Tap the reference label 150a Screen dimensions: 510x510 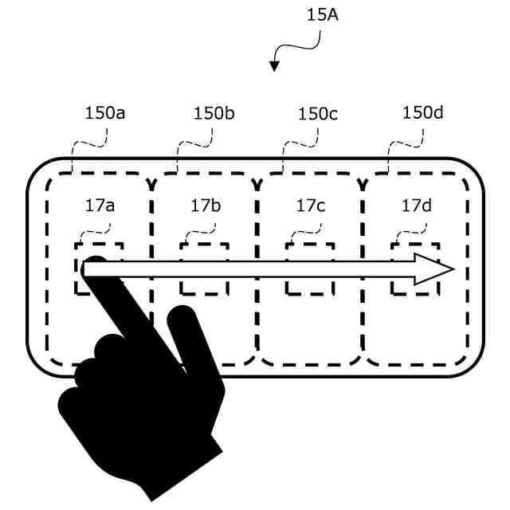[105, 113]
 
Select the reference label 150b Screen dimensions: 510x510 [214, 113]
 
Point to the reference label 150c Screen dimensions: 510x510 [318, 113]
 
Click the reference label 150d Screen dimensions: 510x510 [423, 113]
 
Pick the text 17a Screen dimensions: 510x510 [100, 206]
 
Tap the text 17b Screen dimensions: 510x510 [206, 206]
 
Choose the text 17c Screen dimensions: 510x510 [311, 206]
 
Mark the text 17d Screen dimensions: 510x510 [416, 206]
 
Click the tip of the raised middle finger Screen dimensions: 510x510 [182, 316]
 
